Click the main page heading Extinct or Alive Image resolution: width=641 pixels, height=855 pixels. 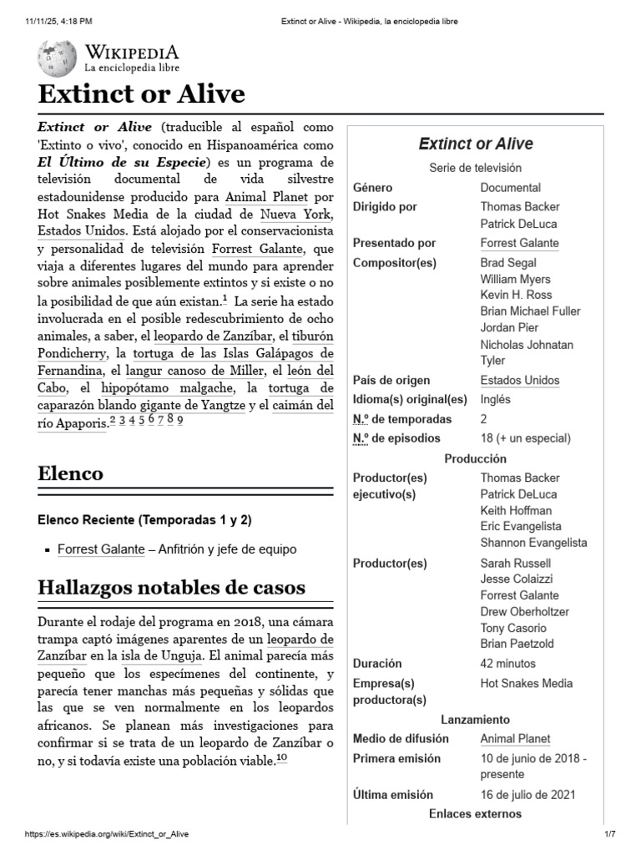coord(142,94)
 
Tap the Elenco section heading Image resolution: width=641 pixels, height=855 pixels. coord(71,473)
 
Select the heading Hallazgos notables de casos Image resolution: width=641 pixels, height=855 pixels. coord(172,587)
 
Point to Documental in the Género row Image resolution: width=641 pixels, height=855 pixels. coord(510,188)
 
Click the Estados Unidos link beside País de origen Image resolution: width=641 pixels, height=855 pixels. coord(520,381)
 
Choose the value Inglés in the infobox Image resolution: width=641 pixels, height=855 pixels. coord(496,399)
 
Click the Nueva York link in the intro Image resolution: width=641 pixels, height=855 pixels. coord(296,213)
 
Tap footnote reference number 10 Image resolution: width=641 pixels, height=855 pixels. coord(281,758)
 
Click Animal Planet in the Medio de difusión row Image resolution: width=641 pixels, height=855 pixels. coord(515,739)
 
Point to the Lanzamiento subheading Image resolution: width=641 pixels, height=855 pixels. coord(475,720)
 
